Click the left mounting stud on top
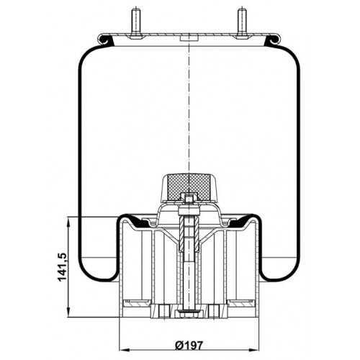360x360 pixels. (135, 23)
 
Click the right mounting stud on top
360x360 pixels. (242, 23)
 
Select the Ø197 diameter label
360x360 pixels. (189, 346)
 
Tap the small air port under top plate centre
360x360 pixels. (189, 39)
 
